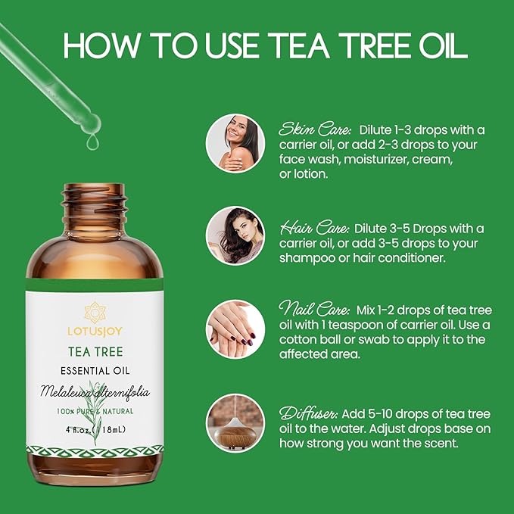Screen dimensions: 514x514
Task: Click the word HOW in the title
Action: click(x=102, y=45)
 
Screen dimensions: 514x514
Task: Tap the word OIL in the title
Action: click(x=443, y=45)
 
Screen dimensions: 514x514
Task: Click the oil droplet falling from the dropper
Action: click(x=92, y=142)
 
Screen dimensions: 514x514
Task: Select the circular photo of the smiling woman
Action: click(x=235, y=143)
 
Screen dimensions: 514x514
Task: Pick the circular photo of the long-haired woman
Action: click(x=235, y=235)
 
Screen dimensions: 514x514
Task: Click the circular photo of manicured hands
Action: click(x=235, y=329)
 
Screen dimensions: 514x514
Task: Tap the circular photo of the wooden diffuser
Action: click(x=235, y=423)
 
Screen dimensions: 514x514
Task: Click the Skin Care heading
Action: click(x=315, y=129)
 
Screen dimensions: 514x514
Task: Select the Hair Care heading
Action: click(x=313, y=228)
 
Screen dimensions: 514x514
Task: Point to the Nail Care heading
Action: click(x=314, y=309)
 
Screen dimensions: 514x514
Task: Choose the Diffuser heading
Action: click(x=308, y=413)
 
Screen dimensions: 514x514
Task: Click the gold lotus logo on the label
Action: click(x=95, y=313)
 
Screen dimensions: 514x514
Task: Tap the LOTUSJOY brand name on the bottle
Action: click(x=95, y=332)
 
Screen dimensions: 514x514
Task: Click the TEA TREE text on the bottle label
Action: click(x=95, y=352)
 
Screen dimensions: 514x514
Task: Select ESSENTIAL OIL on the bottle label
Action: click(x=95, y=371)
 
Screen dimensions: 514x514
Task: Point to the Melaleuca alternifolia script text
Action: click(x=95, y=391)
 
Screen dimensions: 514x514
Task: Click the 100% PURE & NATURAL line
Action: click(x=95, y=411)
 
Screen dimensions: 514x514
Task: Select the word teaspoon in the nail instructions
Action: click(x=356, y=325)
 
